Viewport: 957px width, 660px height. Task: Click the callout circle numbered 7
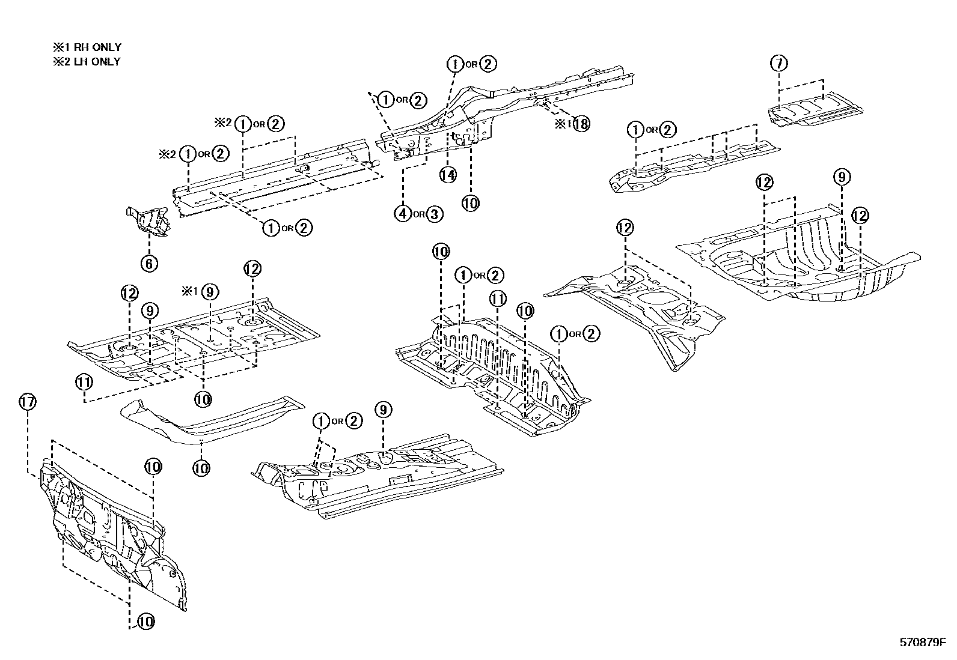point(778,63)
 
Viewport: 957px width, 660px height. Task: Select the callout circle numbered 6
point(149,263)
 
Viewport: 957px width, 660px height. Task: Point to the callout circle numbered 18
point(581,124)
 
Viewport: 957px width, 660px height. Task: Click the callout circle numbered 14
point(448,175)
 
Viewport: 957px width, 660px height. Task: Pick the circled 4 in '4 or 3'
point(403,213)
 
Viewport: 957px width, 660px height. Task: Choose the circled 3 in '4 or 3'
point(434,213)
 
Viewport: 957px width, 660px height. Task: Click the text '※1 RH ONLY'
point(87,47)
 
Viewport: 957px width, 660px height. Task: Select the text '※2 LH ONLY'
point(87,61)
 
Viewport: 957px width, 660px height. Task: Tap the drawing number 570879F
point(923,643)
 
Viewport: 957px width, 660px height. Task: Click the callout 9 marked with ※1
point(210,292)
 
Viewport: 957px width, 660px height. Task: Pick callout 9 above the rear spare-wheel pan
point(842,177)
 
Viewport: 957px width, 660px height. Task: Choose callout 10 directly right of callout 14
point(471,203)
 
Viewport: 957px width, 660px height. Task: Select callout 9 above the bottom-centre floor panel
point(383,410)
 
